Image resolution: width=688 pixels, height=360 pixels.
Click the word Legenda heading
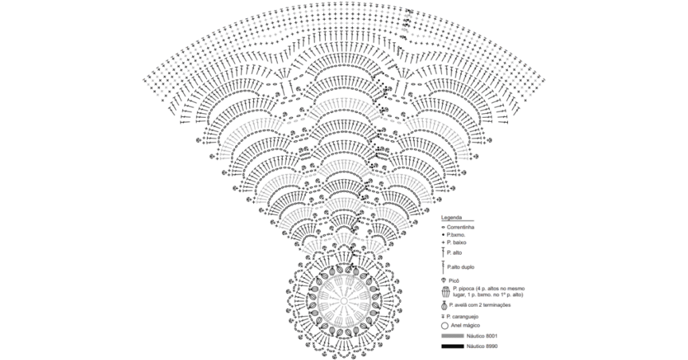point(452,219)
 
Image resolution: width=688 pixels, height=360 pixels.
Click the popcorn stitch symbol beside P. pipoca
point(444,292)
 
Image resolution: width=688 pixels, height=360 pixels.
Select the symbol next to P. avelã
point(444,306)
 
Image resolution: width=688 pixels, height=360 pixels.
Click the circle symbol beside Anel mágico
point(444,325)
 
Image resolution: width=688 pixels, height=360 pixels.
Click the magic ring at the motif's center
point(343,302)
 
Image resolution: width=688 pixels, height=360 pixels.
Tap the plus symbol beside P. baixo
point(443,242)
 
